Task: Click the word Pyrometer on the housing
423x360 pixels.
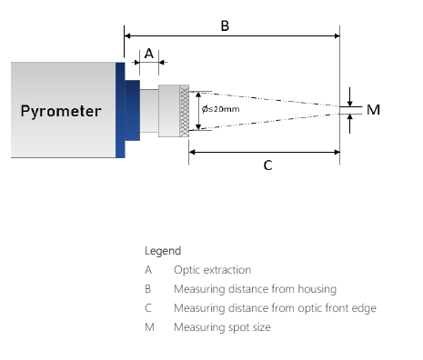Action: (x=61, y=111)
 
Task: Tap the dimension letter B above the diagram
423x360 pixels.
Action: (x=225, y=25)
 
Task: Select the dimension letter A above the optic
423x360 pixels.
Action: (x=149, y=54)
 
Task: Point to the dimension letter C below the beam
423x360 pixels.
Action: (x=267, y=165)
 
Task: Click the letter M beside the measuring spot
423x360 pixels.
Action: (x=373, y=110)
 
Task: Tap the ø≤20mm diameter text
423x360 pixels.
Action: (x=221, y=109)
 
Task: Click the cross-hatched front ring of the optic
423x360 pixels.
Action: (x=184, y=111)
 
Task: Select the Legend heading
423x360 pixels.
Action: (x=163, y=251)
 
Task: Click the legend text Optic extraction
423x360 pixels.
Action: (x=213, y=270)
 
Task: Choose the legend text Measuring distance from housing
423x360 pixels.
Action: (x=256, y=289)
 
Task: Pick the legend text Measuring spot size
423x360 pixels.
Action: (x=222, y=327)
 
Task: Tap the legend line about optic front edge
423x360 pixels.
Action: (x=275, y=308)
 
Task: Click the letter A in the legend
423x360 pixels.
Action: (x=148, y=270)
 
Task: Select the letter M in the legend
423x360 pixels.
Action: (x=149, y=327)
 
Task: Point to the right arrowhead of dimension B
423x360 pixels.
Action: (x=337, y=35)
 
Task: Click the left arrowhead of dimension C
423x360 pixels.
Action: (x=192, y=152)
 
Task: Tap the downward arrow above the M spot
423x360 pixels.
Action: (x=350, y=96)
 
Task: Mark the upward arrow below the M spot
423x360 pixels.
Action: (x=350, y=124)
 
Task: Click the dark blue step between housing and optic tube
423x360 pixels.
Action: (x=133, y=110)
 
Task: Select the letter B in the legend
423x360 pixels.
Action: (x=147, y=289)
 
